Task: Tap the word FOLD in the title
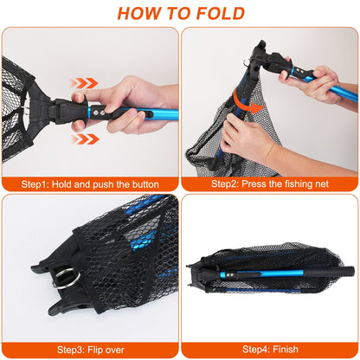click(220, 13)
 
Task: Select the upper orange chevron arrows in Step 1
click(84, 83)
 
